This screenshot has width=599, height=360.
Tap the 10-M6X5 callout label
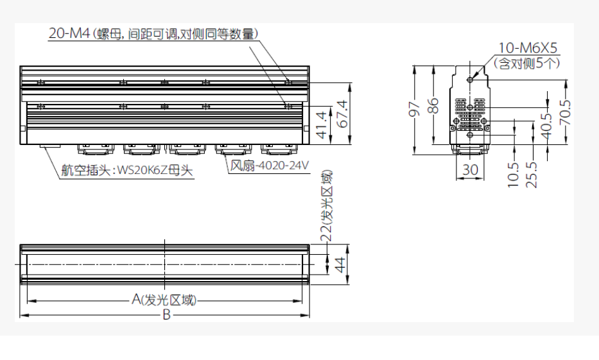pos(528,48)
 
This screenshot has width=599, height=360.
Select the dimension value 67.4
pos(342,114)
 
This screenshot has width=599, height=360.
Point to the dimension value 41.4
pos(322,124)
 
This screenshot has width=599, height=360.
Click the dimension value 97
pos(415,108)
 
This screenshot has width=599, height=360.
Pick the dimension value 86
pos(433,105)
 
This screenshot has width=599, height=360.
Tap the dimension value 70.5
pos(565,112)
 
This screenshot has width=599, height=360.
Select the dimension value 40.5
pos(546,126)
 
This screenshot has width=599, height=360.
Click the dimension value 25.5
pos(532,175)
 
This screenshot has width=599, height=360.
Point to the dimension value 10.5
pos(514,175)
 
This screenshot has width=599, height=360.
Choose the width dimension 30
pos(470,169)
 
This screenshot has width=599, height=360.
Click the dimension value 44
pos(340,264)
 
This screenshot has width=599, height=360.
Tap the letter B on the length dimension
pos(166,315)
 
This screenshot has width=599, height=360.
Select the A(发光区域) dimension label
pos(164,300)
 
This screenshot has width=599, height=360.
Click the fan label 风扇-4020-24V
pos(270,166)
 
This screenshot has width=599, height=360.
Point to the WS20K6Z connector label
pos(127,170)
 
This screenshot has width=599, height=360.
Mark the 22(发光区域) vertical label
pos(326,205)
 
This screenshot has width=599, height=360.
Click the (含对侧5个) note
pos(527,63)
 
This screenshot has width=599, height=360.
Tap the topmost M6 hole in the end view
pos(470,80)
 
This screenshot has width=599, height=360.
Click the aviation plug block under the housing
pos(49,146)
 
